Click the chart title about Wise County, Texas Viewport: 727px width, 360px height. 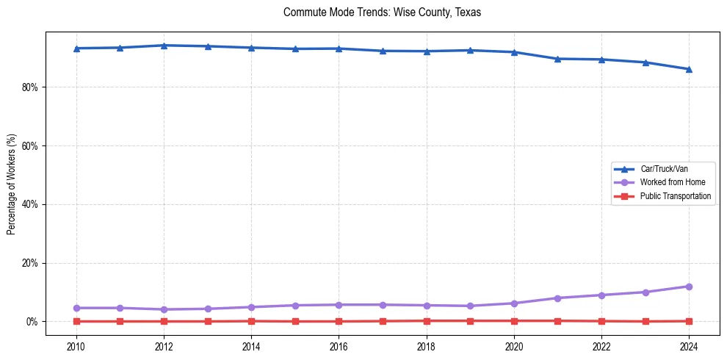click(382, 13)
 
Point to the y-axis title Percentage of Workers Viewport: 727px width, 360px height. click(11, 184)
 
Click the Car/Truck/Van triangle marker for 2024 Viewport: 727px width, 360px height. click(689, 69)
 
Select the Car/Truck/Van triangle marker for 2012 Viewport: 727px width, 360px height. click(164, 45)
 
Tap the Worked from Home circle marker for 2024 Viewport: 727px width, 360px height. click(689, 287)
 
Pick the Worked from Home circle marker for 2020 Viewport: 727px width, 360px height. click(514, 303)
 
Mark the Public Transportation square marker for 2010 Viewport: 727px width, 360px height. click(76, 321)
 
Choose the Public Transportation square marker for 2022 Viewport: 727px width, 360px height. click(601, 321)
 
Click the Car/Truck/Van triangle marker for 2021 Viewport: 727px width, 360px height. click(557, 59)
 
